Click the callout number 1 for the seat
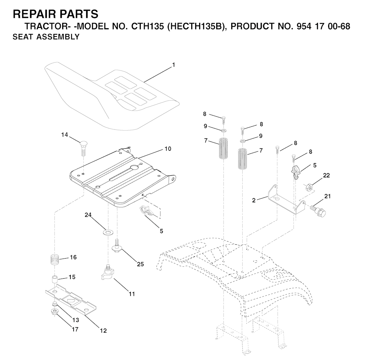[x=173, y=65]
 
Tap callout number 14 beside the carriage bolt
[x=64, y=135]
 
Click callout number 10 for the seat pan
[x=168, y=148]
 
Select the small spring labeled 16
[x=54, y=259]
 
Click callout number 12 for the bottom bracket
[x=103, y=331]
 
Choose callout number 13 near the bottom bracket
[x=76, y=320]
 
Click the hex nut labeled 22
[x=310, y=187]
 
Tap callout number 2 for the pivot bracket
[x=253, y=200]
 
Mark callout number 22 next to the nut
[x=326, y=176]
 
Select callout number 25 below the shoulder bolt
[x=140, y=264]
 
